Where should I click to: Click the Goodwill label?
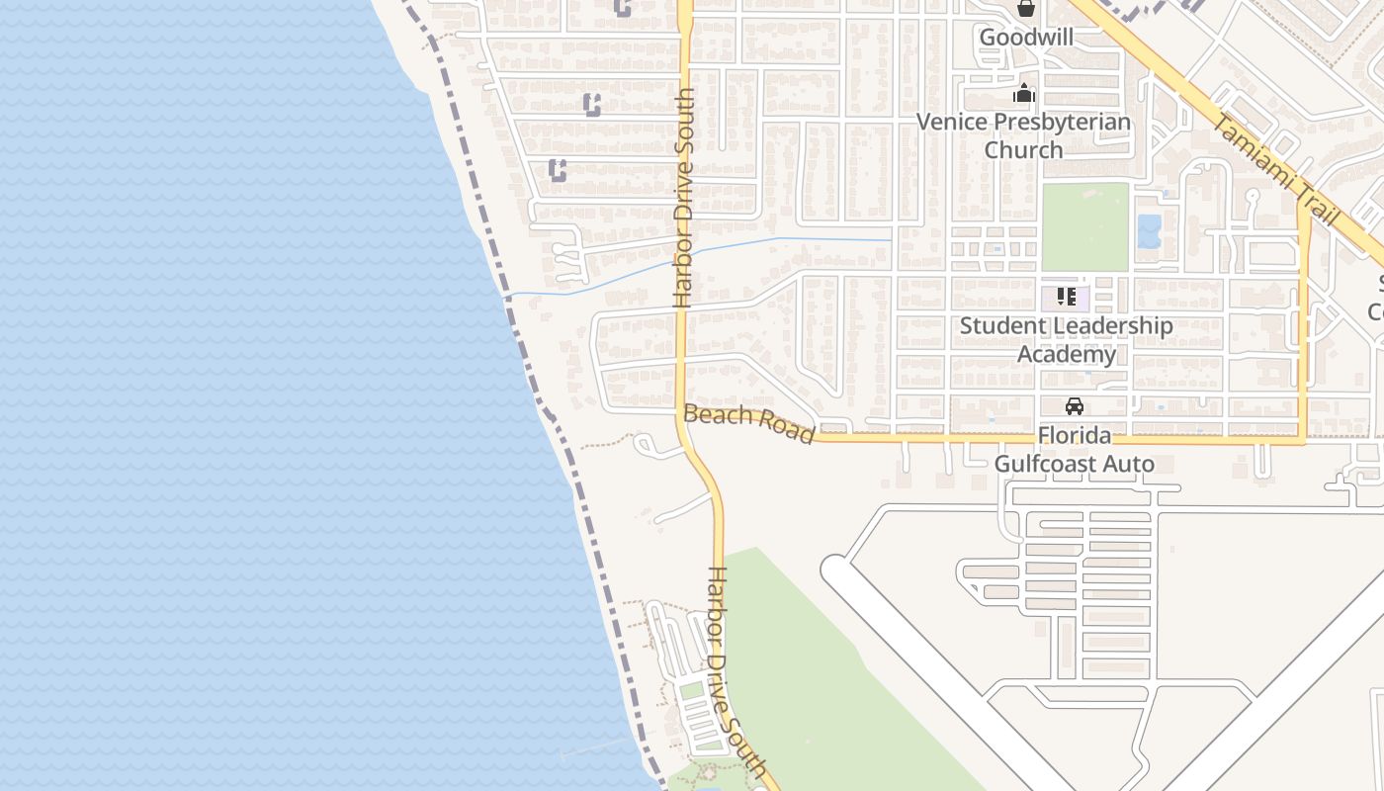coord(1026,38)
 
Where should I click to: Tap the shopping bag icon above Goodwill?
coord(1026,10)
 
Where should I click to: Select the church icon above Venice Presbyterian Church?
coord(1024,94)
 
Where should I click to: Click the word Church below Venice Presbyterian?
coord(1023,150)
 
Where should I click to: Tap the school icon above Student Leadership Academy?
coord(1066,296)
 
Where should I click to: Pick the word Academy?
coord(1067,354)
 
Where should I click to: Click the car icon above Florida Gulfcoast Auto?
coord(1075,405)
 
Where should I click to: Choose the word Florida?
coord(1075,436)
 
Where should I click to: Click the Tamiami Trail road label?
coord(1274,169)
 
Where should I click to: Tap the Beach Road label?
coord(749,423)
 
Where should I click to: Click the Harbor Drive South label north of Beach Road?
coord(684,198)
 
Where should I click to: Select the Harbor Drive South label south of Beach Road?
coord(737,672)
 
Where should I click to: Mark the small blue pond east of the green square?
coord(1149,231)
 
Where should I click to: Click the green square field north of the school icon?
coord(1084,226)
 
